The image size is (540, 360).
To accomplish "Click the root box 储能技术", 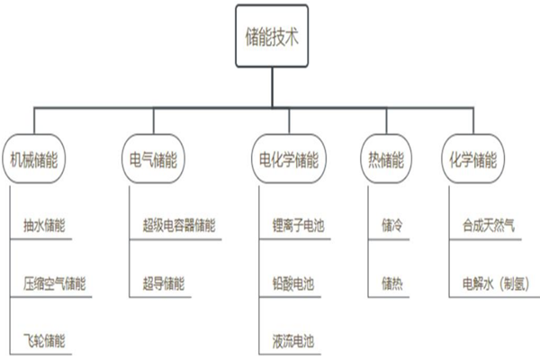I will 271,36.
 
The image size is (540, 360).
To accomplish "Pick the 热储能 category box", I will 386,159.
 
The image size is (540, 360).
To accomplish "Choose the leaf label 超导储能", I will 163,283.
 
